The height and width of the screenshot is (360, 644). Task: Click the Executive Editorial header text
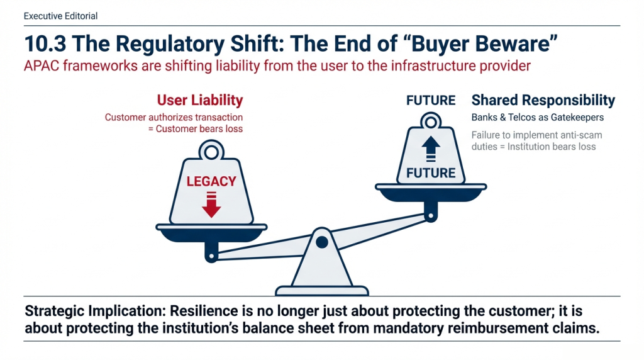(x=60, y=16)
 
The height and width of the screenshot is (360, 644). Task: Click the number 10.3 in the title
(x=45, y=43)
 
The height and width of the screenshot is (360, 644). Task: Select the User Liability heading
(x=200, y=100)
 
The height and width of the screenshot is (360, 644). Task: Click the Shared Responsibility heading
(x=543, y=100)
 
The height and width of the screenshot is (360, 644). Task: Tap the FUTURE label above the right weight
(x=431, y=100)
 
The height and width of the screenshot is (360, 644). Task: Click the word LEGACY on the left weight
(x=211, y=181)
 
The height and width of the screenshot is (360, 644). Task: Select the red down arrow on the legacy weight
(x=211, y=205)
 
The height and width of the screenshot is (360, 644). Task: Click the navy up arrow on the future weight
(x=430, y=149)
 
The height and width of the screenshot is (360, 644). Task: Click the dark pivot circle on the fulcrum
(x=322, y=242)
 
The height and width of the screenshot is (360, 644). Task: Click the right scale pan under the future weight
(x=431, y=193)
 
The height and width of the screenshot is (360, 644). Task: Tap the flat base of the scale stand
(x=322, y=291)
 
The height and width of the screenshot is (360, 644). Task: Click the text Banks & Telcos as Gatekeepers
(x=537, y=118)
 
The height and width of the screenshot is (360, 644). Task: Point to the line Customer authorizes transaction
(x=174, y=118)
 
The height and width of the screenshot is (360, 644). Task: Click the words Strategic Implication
(x=95, y=311)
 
